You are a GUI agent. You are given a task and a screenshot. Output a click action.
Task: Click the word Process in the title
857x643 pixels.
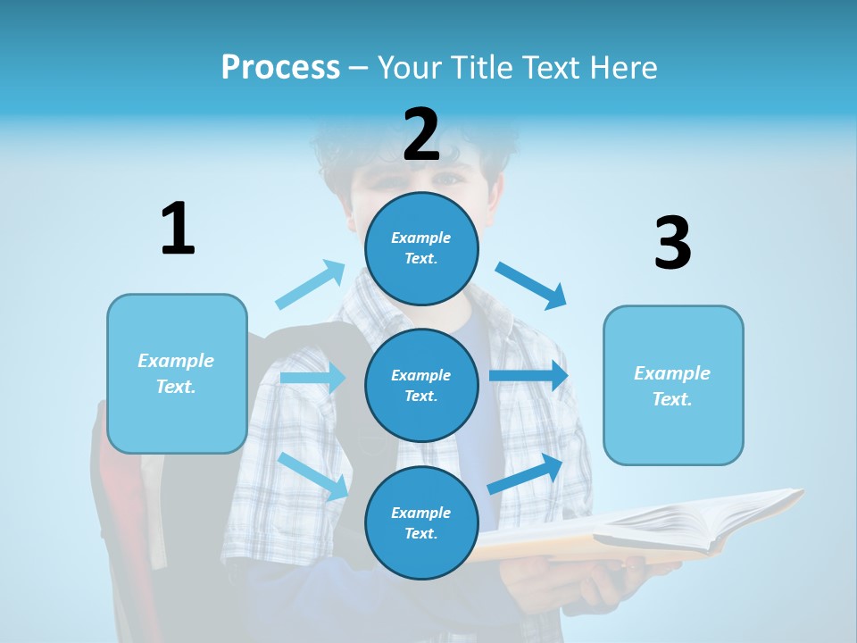tap(280, 68)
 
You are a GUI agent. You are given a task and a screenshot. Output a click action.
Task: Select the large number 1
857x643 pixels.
tap(178, 230)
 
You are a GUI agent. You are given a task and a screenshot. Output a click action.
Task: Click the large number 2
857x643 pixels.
tap(421, 136)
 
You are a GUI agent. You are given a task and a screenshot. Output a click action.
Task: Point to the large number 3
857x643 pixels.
tap(672, 244)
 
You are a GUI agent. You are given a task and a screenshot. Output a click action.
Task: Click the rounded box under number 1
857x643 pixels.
tap(177, 373)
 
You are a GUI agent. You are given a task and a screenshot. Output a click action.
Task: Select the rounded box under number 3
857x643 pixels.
tap(673, 385)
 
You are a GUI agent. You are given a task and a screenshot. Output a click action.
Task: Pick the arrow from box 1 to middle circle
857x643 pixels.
tap(312, 378)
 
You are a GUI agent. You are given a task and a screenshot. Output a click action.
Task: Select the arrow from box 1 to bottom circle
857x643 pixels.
tap(314, 476)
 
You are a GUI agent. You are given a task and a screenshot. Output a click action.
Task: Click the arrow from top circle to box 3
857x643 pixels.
tap(531, 285)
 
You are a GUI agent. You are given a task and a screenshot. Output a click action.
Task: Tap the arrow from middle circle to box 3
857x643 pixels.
tap(528, 376)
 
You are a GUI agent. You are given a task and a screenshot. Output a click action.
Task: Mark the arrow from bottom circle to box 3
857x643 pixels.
tap(526, 473)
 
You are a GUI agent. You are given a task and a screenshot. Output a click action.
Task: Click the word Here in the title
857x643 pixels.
tap(626, 68)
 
